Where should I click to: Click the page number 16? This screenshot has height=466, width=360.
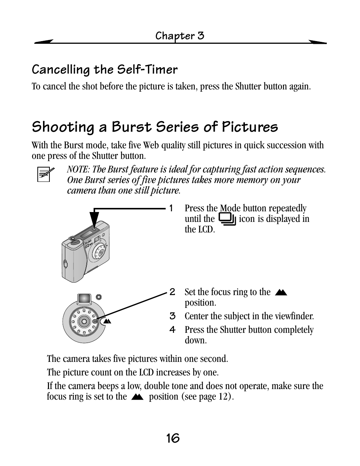(172, 438)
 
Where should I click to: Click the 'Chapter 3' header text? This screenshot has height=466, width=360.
(180, 36)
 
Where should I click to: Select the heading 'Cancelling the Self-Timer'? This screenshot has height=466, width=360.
(105, 69)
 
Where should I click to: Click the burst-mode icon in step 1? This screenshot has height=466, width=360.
(227, 219)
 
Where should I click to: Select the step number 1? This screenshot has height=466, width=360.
(171, 208)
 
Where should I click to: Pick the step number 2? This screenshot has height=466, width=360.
(172, 292)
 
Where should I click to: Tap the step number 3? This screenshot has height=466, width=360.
(172, 316)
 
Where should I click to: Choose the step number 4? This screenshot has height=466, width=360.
(172, 330)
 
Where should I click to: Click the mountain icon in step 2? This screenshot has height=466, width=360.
(281, 292)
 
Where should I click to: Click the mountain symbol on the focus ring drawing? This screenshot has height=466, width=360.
(107, 321)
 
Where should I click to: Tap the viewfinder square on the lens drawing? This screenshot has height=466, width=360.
(84, 298)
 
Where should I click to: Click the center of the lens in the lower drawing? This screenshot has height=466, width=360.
(84, 321)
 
